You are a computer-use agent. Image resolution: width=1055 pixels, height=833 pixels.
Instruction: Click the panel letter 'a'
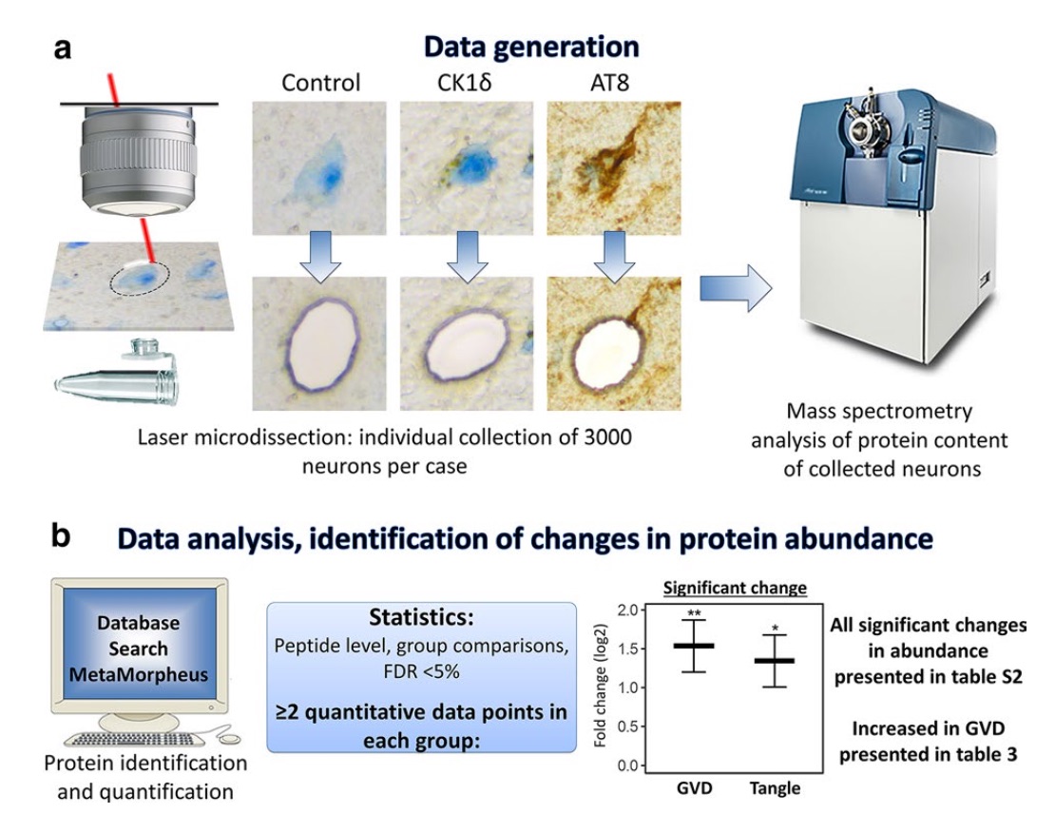[x=63, y=48]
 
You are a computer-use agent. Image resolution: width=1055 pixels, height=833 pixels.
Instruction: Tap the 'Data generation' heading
[x=530, y=47]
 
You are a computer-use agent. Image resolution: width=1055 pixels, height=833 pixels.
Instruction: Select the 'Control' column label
[x=320, y=83]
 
